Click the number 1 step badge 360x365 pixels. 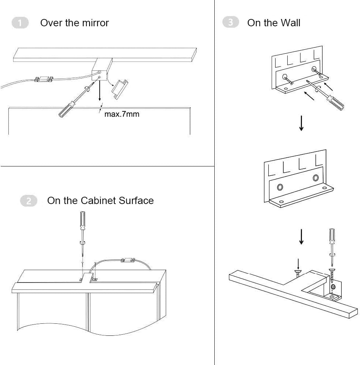(20, 23)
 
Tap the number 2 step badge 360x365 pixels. (29, 201)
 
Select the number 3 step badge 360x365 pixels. (230, 23)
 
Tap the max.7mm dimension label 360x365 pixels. (122, 114)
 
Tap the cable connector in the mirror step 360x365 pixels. (43, 79)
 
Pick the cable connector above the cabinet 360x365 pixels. (127, 261)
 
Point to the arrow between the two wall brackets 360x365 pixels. (301, 124)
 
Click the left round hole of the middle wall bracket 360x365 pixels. (280, 187)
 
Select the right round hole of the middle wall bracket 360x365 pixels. (315, 178)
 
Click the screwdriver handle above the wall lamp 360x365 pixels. (332, 237)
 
